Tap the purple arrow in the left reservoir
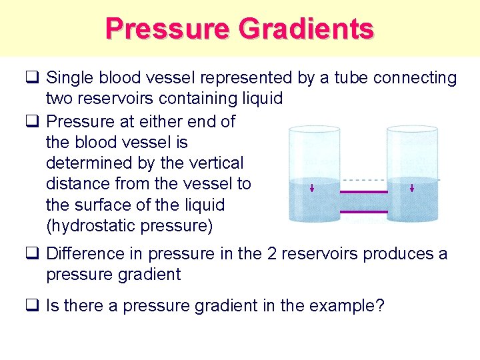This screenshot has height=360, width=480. click(x=312, y=188)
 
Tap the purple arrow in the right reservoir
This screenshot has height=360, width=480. click(x=412, y=188)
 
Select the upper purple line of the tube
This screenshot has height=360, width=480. click(x=363, y=192)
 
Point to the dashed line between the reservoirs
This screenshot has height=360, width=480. click(x=363, y=179)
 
